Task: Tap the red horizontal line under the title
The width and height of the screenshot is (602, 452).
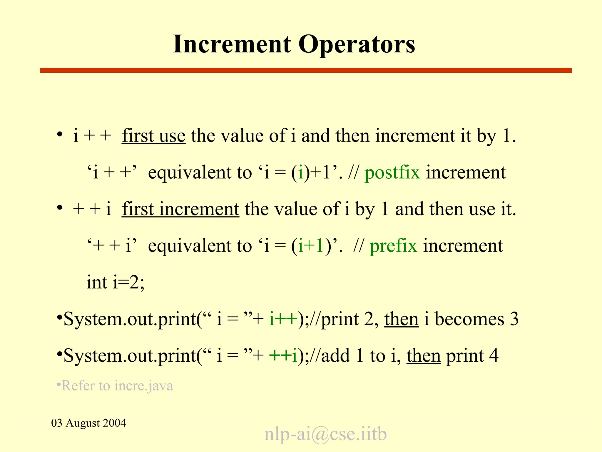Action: coord(306,70)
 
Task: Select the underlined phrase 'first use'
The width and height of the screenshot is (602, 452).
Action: coord(154,136)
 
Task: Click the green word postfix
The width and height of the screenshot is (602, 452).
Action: coord(392,173)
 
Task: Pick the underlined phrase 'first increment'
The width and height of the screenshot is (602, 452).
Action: coord(180,209)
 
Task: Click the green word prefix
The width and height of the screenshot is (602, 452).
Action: coord(393,246)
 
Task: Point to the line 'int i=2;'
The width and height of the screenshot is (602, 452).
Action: coord(116,282)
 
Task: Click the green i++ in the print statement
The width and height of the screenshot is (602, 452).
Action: coord(283,319)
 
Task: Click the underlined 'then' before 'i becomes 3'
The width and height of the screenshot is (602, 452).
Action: coord(401,319)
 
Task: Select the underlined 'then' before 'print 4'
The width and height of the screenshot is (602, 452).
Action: coord(424,356)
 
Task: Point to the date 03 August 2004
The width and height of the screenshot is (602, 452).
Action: coord(88,423)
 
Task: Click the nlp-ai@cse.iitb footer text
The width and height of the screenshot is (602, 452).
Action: coord(325,434)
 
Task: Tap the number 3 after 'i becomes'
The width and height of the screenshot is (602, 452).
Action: coord(514,319)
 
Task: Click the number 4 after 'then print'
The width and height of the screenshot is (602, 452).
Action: coord(494,356)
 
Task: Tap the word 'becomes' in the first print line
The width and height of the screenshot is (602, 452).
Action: coord(469,319)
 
